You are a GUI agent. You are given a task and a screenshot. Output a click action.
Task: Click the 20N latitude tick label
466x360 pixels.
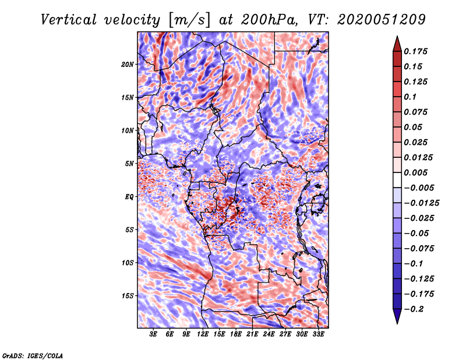[x=128, y=64]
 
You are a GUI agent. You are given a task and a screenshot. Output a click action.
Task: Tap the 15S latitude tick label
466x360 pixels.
[x=128, y=296]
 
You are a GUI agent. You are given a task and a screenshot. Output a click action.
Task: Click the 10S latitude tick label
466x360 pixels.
[x=128, y=263]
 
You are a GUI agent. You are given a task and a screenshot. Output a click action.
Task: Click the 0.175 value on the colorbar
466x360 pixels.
[x=417, y=51]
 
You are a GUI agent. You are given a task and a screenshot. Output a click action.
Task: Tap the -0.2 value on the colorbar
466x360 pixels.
[x=415, y=309]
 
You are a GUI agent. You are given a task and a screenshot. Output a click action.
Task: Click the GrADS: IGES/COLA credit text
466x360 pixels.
[x=32, y=354]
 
